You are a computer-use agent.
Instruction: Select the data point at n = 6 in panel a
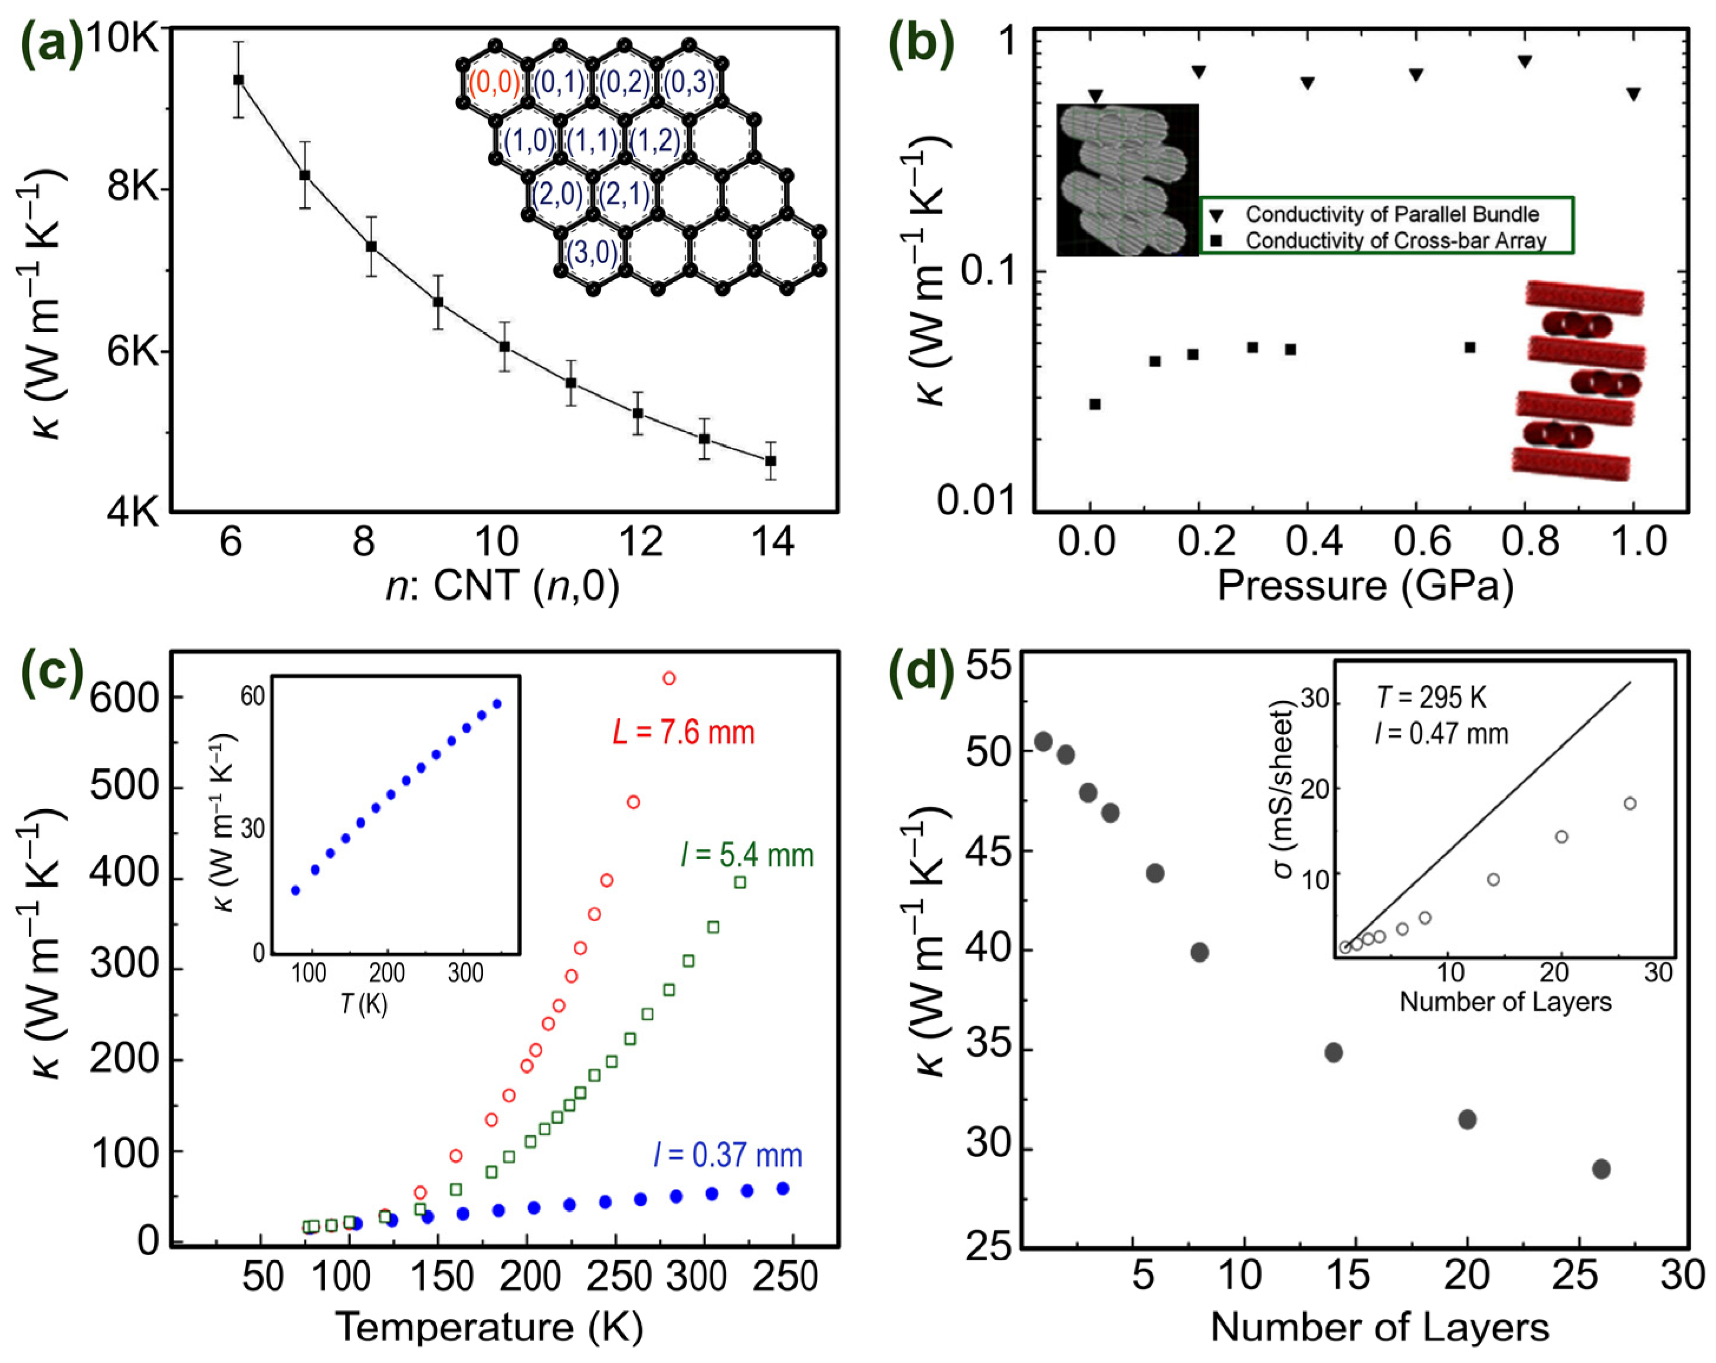click(238, 80)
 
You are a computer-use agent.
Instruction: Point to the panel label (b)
click(921, 45)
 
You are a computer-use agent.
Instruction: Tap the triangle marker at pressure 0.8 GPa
click(1525, 61)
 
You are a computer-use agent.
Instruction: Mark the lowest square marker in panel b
click(1095, 404)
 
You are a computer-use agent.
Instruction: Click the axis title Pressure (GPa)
click(1364, 585)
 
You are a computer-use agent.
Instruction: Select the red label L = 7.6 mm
click(683, 732)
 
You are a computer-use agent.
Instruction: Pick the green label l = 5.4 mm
click(747, 856)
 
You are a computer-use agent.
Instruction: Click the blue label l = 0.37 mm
click(727, 1155)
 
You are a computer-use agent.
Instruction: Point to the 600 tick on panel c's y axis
click(126, 698)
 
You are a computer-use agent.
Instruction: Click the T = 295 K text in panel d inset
click(1431, 698)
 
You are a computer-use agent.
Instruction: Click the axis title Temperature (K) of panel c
click(488, 1327)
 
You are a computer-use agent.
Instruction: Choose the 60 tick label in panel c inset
click(252, 697)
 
